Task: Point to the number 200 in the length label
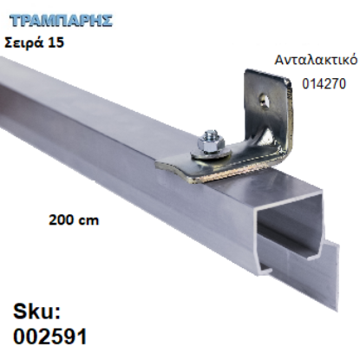click(61, 219)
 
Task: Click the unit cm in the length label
click(88, 220)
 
